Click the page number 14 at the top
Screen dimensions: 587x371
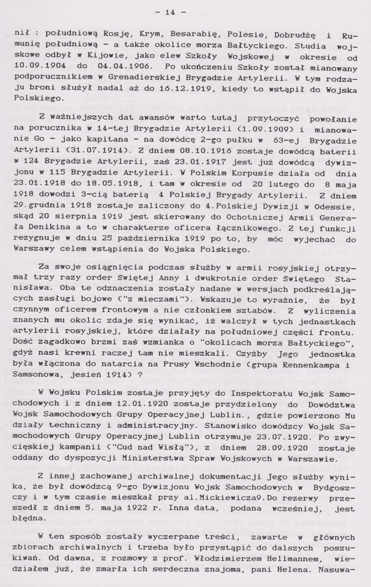coord(170,13)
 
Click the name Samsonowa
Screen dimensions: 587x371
coord(34,376)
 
